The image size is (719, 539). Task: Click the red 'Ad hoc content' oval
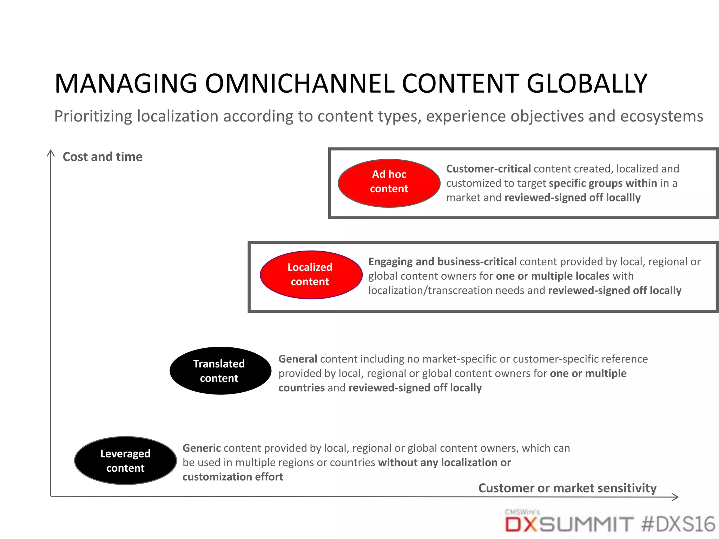tap(389, 183)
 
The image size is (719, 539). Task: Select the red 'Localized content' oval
tap(311, 275)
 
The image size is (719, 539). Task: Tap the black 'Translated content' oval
tap(220, 371)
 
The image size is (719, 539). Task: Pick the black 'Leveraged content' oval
tap(125, 461)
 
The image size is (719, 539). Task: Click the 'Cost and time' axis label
tap(103, 157)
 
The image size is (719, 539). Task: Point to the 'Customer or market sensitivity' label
tap(567, 488)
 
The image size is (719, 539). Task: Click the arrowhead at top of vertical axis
tap(51, 153)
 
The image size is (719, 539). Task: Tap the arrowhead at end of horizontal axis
tap(675, 497)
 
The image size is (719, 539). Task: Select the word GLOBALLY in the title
tap(587, 84)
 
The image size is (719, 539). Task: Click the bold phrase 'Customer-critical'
tap(488, 169)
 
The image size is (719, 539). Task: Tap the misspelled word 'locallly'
tap(623, 198)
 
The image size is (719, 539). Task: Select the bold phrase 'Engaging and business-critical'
tap(442, 262)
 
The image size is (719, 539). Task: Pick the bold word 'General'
tap(298, 359)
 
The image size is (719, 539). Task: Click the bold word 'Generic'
tap(202, 448)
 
